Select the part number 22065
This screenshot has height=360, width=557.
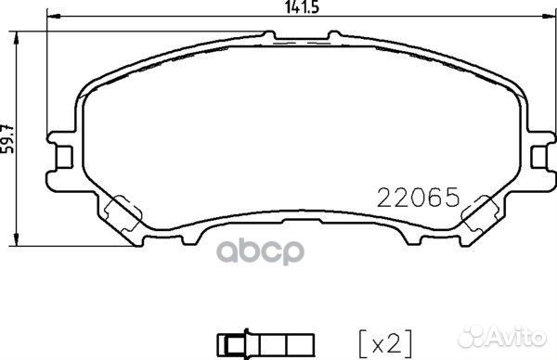[x=417, y=198]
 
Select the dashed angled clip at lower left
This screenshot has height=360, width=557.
[x=121, y=215]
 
